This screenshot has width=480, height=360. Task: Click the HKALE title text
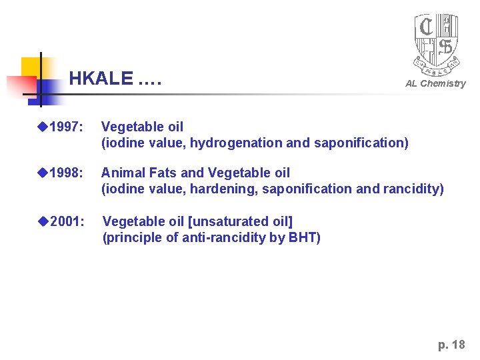[x=115, y=79]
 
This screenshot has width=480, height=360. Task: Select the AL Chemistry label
[x=435, y=83]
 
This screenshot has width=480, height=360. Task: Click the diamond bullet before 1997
[x=43, y=127]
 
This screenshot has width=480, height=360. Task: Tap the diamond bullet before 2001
[x=43, y=221]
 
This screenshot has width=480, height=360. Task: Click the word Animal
[x=122, y=173]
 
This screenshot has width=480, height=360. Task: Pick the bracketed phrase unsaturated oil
[x=242, y=221]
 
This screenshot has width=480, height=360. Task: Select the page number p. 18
[x=451, y=345]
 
